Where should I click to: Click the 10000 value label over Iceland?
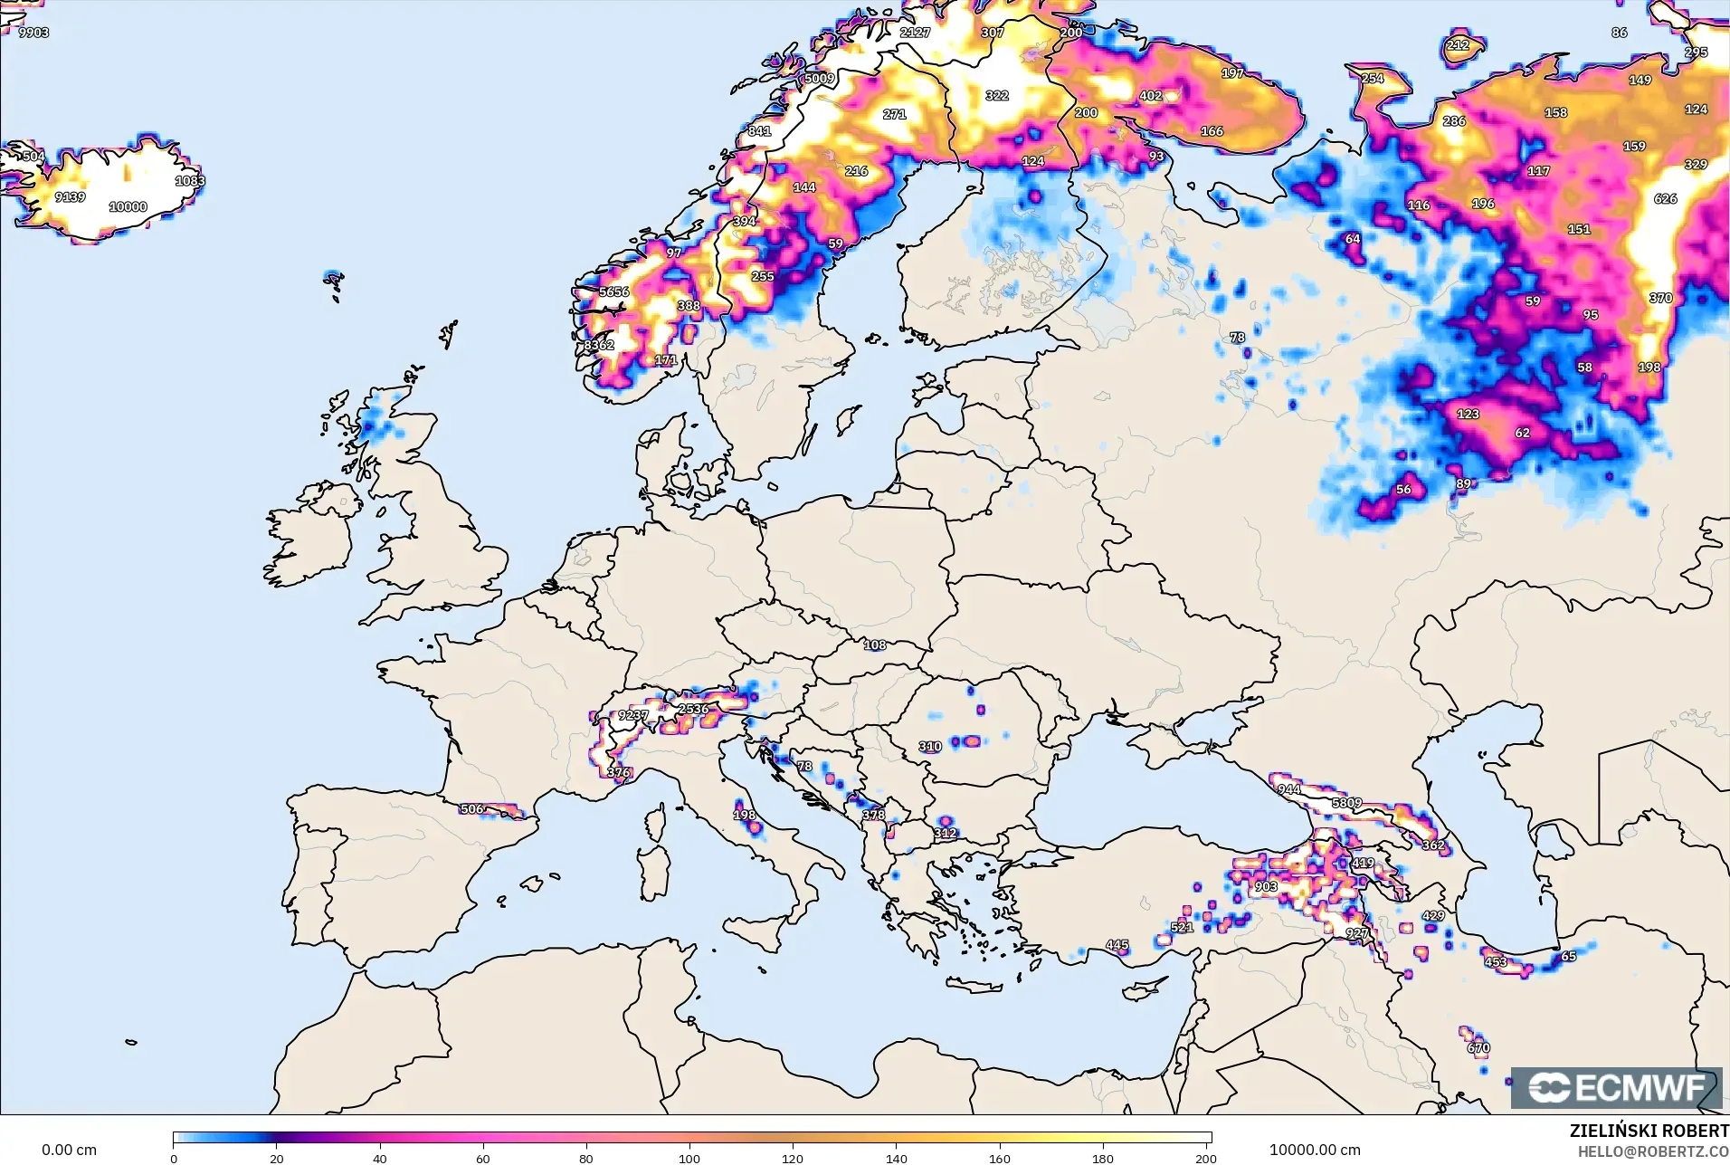128,206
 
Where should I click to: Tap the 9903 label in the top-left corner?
33,33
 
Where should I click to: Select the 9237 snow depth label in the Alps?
632,715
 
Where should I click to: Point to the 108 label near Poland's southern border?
874,645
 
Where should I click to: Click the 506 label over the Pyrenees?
471,809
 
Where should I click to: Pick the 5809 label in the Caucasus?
1346,803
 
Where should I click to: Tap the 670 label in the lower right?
1478,1048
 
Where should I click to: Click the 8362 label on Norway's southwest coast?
598,345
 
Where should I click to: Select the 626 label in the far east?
1665,198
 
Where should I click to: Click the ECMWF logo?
1616,1087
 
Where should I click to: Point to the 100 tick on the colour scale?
689,1158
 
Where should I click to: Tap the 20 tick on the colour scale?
277,1158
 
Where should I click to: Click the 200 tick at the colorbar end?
1205,1158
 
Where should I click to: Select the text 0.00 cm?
69,1150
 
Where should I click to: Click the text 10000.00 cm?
1314,1150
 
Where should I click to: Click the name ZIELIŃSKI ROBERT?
1649,1131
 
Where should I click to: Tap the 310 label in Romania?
930,747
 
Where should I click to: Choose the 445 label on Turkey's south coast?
1117,945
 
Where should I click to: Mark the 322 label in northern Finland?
996,95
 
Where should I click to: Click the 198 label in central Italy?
744,815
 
